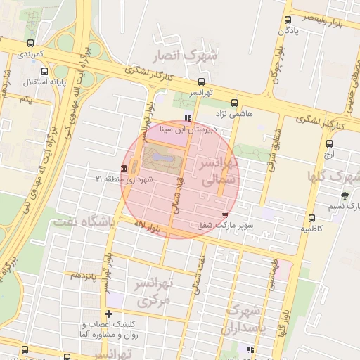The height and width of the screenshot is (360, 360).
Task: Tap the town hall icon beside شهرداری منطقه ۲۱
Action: pos(124,168)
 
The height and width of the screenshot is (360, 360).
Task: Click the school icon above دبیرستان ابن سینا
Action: pos(186,117)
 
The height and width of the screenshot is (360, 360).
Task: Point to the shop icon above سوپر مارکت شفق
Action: pos(224,215)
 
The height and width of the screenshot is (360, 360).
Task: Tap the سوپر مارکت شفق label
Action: pos(224,226)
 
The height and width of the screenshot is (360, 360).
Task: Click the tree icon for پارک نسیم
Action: pos(345,195)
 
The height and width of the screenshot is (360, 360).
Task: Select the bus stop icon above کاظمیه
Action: pos(311,218)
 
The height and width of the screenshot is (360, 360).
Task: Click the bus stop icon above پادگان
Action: pos(288,20)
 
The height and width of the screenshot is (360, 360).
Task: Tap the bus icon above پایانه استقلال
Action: pos(46,71)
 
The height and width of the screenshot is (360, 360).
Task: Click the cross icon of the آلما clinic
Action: pos(108,314)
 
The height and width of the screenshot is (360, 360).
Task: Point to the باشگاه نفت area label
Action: pos(83,221)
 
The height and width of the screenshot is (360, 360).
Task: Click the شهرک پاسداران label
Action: pos(243,319)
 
